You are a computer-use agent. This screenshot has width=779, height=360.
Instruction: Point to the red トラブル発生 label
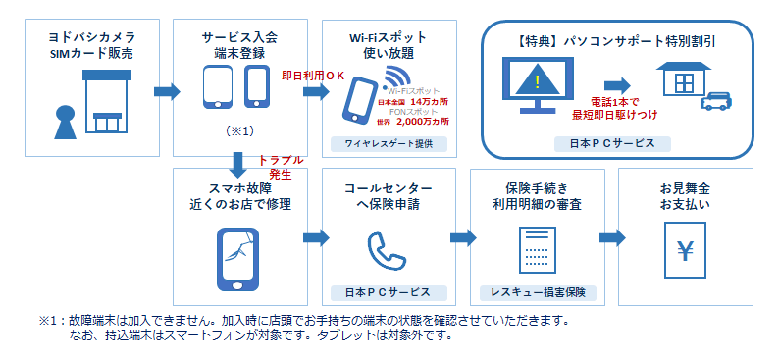coord(281,165)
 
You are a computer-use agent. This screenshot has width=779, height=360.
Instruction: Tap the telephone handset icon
coord(386,251)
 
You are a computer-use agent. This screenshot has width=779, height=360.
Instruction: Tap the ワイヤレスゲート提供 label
coord(386,144)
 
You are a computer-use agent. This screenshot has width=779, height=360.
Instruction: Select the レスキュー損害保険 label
coord(536,292)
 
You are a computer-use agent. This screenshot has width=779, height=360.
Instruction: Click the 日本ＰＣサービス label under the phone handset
coord(386,292)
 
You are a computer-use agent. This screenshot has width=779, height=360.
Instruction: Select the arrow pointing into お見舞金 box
coord(611,237)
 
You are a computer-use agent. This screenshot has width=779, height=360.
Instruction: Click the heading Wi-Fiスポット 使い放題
coord(385,44)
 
